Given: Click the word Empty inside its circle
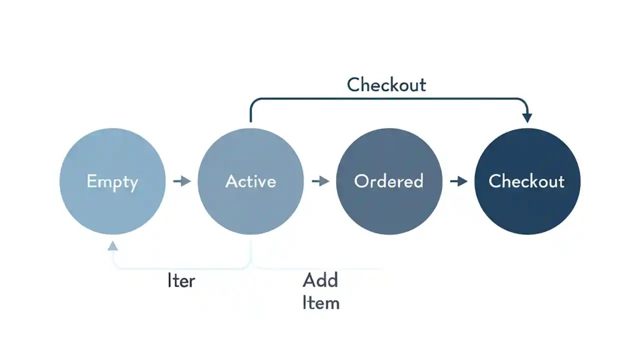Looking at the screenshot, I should (112, 181).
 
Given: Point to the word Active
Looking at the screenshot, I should (250, 181).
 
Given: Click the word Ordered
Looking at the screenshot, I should (389, 181).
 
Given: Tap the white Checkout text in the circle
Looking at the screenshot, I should (526, 181).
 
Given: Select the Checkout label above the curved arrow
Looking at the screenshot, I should (386, 85).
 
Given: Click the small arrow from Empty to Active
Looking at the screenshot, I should (182, 181).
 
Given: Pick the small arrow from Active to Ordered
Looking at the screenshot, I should (320, 181).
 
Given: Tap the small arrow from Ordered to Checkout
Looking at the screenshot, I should (458, 181).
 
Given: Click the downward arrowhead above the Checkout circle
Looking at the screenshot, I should (527, 117).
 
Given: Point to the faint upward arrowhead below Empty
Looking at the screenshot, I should (112, 245).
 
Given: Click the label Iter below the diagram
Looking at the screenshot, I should (181, 281).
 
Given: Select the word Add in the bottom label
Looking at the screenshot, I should (320, 280).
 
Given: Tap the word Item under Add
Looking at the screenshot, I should (321, 303).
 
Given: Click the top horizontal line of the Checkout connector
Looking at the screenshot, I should (387, 99).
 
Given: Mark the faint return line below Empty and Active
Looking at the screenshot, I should (180, 268).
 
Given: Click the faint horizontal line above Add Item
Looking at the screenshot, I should (320, 268).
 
